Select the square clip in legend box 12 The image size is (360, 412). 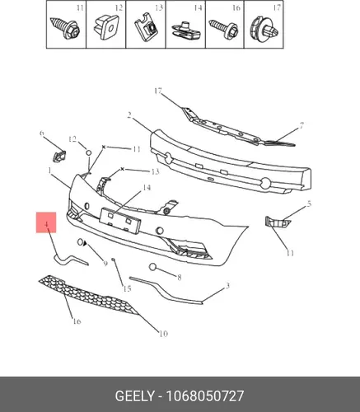click(x=106, y=27)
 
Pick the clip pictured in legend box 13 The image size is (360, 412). click(x=146, y=28)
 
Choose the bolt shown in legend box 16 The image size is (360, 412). click(x=223, y=30)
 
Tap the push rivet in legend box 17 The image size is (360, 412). click(x=264, y=30)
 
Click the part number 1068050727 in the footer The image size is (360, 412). click(x=205, y=396)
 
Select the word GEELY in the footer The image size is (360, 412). click(x=134, y=396)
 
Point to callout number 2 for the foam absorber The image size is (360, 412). click(x=129, y=115)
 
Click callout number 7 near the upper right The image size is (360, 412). click(x=302, y=126)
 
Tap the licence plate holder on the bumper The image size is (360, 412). click(x=120, y=220)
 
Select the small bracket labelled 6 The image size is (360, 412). click(x=58, y=156)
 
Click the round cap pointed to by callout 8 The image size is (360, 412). click(x=152, y=267)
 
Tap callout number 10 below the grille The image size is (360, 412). click(x=163, y=334)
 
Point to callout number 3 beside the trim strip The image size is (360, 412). click(x=227, y=286)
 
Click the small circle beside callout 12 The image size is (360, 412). click(x=89, y=152)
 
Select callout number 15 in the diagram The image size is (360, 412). click(x=127, y=288)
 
